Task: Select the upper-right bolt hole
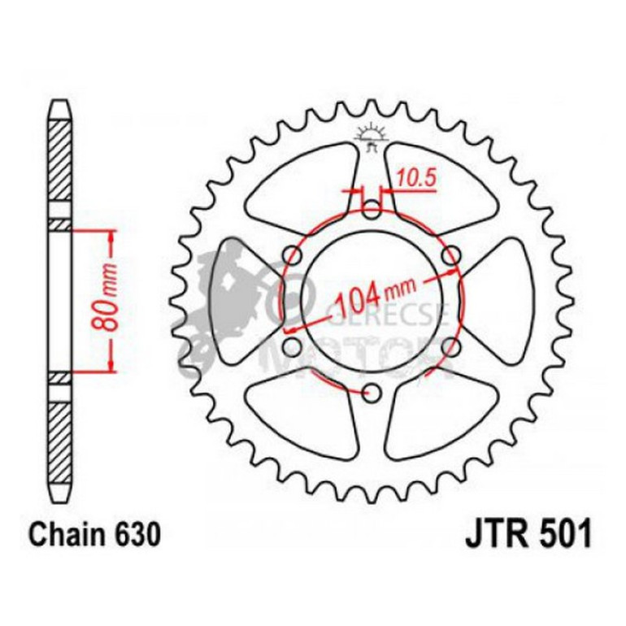450,258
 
